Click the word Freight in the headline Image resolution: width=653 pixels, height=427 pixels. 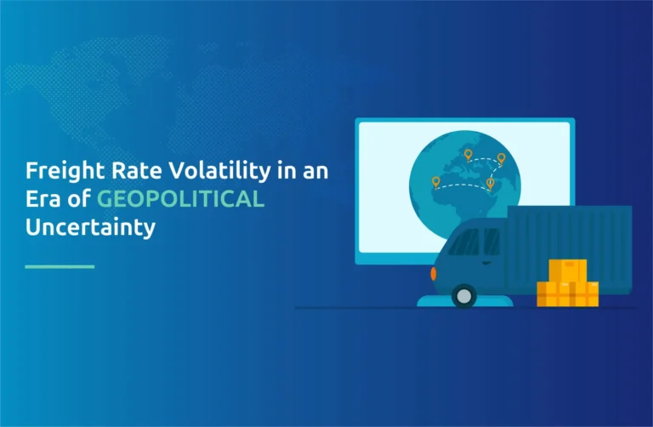65,172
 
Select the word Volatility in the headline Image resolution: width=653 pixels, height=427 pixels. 219,172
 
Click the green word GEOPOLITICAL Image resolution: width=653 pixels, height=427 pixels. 181,199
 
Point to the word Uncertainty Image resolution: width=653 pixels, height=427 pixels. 90,228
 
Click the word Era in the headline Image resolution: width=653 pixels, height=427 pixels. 43,199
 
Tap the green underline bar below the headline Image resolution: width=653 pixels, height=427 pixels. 60,266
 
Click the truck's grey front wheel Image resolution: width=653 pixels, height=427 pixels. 463,296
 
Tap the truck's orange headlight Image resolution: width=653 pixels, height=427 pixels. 434,274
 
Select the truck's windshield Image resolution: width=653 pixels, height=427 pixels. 464,242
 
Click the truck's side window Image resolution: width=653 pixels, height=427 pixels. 491,242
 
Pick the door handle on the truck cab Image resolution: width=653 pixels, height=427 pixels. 487,263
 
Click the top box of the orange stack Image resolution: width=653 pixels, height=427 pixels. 568,270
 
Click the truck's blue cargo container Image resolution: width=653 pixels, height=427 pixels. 570,248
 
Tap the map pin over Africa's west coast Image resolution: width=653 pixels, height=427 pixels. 435,182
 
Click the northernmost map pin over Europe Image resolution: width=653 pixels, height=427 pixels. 468,155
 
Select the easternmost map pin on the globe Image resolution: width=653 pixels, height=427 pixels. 501,159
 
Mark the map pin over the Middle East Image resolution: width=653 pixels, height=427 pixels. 490,184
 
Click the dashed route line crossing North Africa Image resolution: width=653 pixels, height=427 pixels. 463,186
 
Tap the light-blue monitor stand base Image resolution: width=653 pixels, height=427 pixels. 465,301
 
